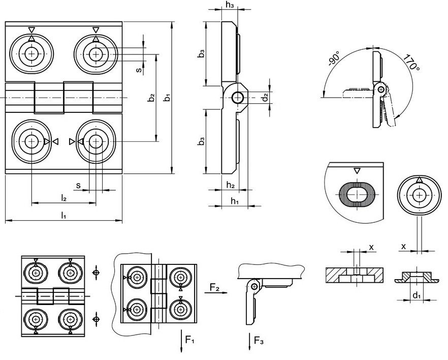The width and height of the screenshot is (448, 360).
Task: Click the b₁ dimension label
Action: (168, 98)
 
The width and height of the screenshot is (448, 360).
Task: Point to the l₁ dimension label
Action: (63, 215)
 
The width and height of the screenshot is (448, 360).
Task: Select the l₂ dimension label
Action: (63, 198)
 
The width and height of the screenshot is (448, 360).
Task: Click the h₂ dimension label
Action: (231, 185)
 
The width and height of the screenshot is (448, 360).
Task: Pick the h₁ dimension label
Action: (235, 201)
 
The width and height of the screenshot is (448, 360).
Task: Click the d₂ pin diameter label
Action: (266, 97)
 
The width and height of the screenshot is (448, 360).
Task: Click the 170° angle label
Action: (411, 63)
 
